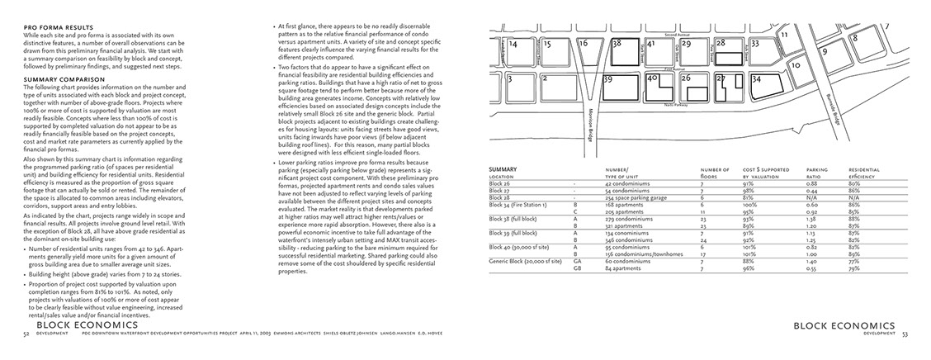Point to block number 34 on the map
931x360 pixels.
tap(758, 80)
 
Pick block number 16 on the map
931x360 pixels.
tap(584, 42)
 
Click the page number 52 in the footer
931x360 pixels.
tap(26, 334)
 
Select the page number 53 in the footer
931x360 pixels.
tap(905, 334)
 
